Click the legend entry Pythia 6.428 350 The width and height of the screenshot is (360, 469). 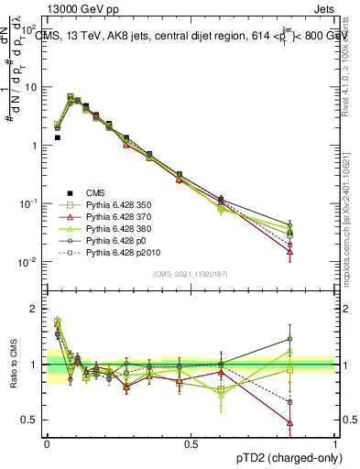[114, 204]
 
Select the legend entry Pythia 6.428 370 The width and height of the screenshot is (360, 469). [114, 216]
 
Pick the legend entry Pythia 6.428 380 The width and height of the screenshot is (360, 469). [114, 228]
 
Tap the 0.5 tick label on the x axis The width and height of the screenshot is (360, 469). [191, 443]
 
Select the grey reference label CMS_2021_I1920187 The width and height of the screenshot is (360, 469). [191, 273]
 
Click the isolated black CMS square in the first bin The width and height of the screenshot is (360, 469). [58, 137]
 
